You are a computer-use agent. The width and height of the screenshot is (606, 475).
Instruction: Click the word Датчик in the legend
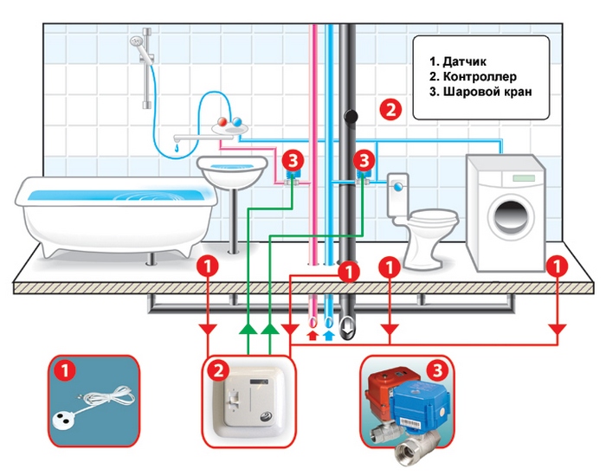click(465, 61)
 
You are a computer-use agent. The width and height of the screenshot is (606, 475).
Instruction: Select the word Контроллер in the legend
click(480, 76)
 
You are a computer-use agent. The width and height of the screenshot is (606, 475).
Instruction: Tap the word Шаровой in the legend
click(465, 92)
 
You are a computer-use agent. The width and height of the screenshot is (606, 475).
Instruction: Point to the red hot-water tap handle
click(223, 122)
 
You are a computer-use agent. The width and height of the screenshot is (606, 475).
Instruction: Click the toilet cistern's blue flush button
click(398, 187)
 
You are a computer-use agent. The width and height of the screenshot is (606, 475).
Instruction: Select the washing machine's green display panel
click(524, 178)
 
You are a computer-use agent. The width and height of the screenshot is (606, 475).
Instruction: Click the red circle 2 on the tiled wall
click(390, 109)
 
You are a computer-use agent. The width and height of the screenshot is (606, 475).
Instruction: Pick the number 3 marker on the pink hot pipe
click(293, 160)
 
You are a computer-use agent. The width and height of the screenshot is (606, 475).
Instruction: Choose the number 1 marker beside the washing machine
click(557, 266)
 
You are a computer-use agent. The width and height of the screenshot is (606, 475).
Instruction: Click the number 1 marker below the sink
click(208, 266)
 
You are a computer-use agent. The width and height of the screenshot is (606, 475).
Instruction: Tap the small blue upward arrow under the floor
click(328, 335)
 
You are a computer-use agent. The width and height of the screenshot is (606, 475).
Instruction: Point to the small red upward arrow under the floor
click(313, 335)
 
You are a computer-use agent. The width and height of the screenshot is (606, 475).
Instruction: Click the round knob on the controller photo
click(266, 417)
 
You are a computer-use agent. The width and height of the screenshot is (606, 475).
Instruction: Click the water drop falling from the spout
click(177, 148)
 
